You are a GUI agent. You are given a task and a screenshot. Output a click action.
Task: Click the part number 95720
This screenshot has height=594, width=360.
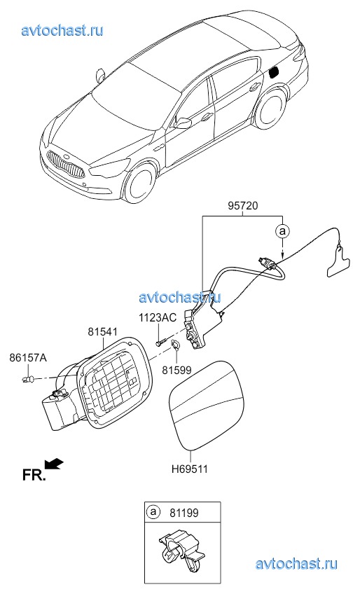coord(243,206)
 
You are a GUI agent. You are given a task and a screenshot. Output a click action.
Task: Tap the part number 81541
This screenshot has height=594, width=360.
coord(103,332)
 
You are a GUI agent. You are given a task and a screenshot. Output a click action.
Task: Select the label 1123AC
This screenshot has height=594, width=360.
coord(158,317)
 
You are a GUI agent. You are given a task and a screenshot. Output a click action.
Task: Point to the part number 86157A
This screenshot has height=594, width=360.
coord(28,357)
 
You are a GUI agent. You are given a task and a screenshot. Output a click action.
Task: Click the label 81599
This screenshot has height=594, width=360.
coord(176,370)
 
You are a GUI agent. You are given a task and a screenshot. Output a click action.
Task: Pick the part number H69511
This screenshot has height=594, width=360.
coord(190,469)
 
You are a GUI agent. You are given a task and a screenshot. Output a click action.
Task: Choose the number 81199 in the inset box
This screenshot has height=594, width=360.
coord(184,513)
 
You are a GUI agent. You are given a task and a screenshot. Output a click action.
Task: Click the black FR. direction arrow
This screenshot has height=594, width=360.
coord(54,463)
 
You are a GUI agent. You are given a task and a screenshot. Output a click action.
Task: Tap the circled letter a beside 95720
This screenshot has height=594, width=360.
coord(282,230)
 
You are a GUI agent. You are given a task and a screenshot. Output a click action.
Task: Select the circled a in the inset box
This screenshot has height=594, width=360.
coord(153,513)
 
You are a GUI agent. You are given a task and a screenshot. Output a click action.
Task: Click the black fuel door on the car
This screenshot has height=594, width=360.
coord(274,71)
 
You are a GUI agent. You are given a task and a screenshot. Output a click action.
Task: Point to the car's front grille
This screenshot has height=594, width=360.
coord(66,165)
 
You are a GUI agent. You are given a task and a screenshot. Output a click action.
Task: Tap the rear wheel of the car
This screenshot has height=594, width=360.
coord(270,109)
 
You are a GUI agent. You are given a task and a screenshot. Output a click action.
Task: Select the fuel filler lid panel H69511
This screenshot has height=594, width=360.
coord(207,406)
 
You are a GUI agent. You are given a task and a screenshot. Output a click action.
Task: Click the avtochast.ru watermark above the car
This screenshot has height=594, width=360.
coord(62,30)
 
